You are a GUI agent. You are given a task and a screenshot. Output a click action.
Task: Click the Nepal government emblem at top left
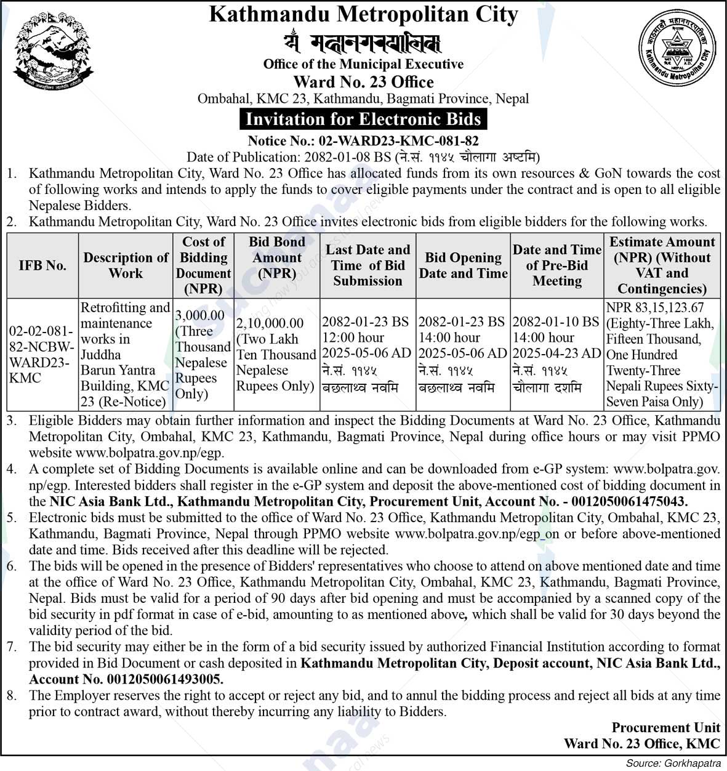pos(54,52)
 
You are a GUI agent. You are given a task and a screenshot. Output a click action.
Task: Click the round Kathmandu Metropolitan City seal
pos(677,49)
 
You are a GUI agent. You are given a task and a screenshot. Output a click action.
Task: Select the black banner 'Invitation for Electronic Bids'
pos(363,119)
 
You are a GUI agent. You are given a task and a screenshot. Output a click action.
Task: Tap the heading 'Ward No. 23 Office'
pos(363,82)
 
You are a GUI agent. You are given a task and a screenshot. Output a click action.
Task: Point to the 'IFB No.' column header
pos(42,265)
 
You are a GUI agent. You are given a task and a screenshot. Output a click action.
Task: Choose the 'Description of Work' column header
pos(126,265)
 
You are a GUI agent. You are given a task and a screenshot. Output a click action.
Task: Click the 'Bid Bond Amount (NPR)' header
pos(277,257)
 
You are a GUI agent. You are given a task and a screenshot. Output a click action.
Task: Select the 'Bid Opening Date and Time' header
pos(463,265)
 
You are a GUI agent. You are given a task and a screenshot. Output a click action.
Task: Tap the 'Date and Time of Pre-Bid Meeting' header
pos(556,265)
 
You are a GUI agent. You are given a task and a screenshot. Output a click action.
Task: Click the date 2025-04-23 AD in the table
pos(556,353)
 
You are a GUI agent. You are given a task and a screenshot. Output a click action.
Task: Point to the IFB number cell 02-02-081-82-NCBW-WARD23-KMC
pos(42,354)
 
